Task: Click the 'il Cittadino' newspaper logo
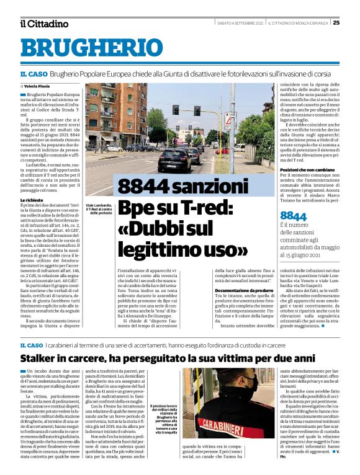coord(44,24)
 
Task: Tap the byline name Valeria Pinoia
coord(38,86)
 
